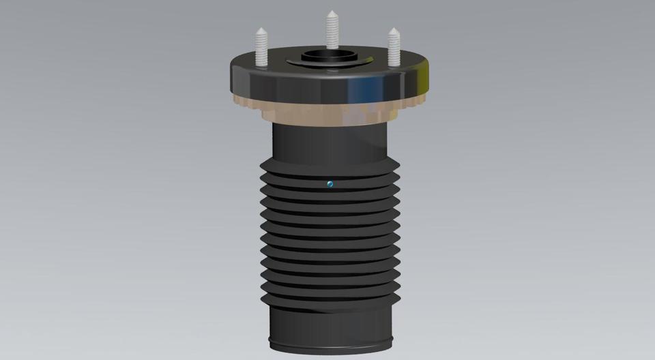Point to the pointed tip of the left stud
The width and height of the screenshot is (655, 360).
[261, 29]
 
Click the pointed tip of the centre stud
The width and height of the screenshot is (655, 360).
[332, 13]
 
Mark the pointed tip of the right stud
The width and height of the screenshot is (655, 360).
[394, 30]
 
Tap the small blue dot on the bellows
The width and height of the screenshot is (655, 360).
[330, 183]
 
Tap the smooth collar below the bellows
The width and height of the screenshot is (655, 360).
[331, 320]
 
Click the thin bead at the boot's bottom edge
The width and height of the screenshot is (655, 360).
[331, 342]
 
